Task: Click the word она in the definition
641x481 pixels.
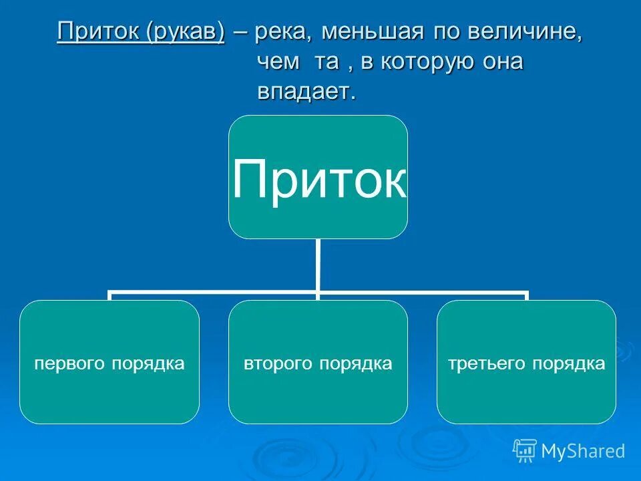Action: tap(500, 63)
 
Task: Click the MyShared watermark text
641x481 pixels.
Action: tap(582, 452)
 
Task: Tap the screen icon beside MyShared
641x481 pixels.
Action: tap(525, 451)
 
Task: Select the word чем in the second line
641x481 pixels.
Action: tap(274, 63)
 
